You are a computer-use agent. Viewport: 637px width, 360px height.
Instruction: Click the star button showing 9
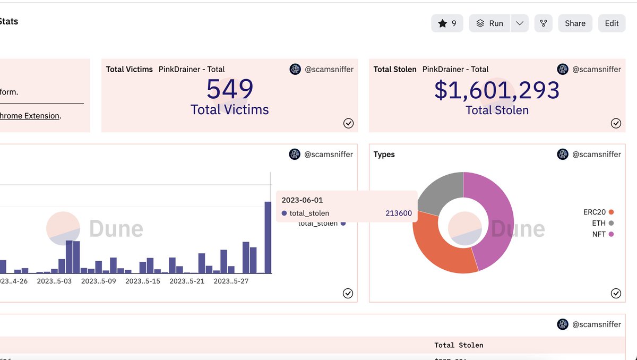tap(447, 23)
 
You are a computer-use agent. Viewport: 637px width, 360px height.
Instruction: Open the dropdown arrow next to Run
tap(519, 23)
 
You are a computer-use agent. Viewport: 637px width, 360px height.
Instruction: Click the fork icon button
tap(543, 23)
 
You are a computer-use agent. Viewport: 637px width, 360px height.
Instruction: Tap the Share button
tap(575, 23)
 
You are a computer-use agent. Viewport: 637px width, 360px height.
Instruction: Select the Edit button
tap(612, 23)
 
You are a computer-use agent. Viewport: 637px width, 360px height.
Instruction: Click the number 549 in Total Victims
tap(229, 90)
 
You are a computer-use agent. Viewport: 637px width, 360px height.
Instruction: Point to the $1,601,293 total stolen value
tap(497, 90)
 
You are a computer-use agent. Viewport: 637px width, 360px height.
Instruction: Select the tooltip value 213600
tap(398, 213)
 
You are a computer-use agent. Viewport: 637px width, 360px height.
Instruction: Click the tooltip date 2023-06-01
tap(302, 200)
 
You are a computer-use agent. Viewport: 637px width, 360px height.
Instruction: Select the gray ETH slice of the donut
tap(438, 191)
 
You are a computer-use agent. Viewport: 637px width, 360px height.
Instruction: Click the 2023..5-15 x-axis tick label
tap(142, 281)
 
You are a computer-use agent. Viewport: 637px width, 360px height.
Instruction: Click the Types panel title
tap(384, 155)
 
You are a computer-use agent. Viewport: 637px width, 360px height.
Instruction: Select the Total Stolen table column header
tap(459, 345)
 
